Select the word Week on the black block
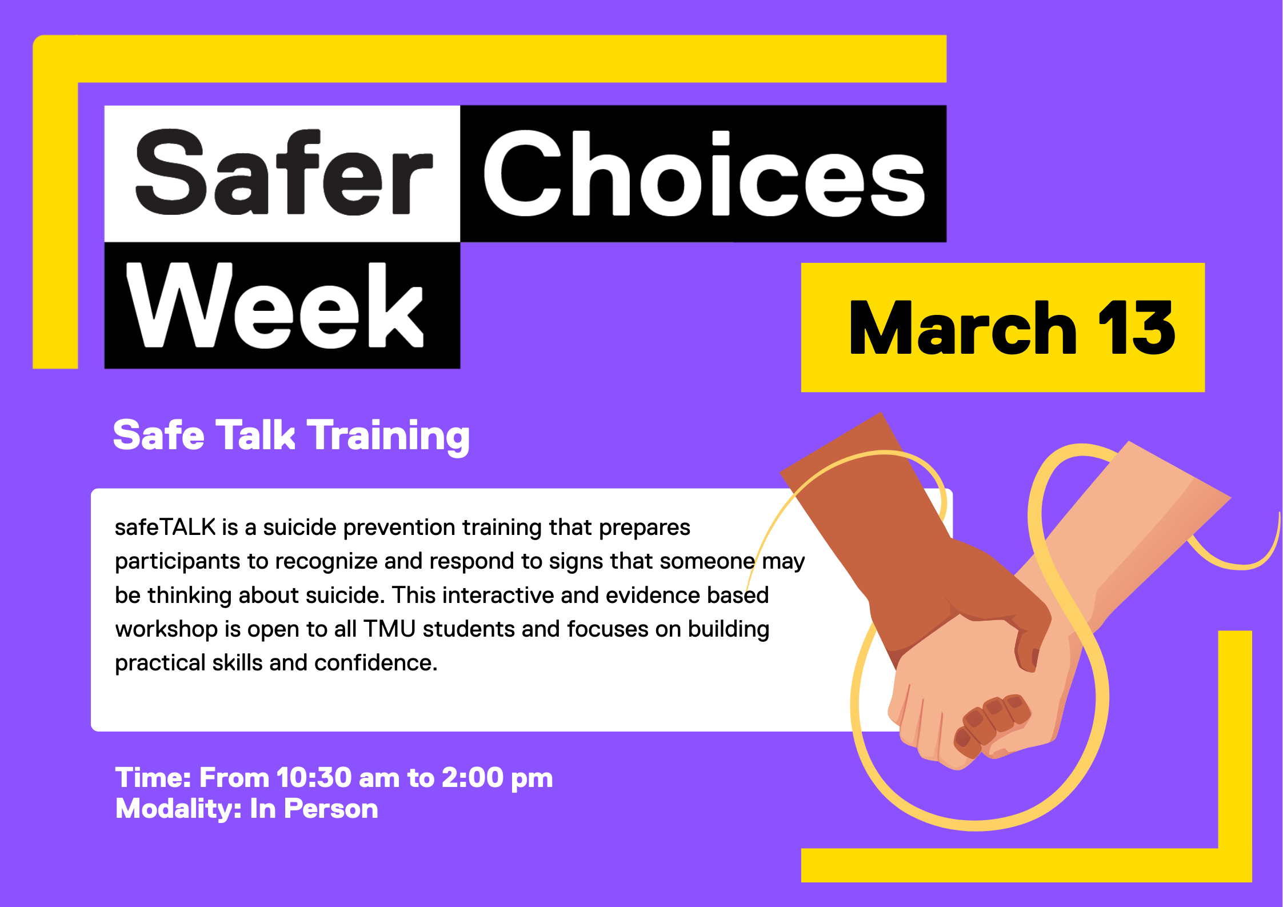point(274,306)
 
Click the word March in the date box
point(963,329)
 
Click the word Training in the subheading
point(389,436)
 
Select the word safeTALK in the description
point(165,528)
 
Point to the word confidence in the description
point(375,663)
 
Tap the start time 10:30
point(314,778)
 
